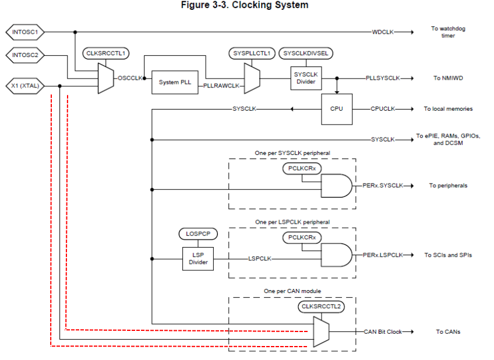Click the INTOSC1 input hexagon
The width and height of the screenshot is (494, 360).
[x=24, y=31]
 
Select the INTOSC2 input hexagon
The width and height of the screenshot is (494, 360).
[x=24, y=56]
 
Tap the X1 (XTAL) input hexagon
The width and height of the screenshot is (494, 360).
[x=24, y=86]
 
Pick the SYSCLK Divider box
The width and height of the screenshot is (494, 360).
[x=306, y=78]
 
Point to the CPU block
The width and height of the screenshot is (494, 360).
[x=337, y=109]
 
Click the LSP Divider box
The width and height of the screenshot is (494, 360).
[x=198, y=258]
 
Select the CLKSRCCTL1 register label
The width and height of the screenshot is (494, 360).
[x=105, y=54]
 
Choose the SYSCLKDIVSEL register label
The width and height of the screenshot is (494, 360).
[x=306, y=54]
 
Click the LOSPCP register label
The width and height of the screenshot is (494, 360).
[x=198, y=234]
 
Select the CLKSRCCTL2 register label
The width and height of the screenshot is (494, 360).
[x=321, y=306]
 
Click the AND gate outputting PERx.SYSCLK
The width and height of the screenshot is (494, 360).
[x=336, y=186]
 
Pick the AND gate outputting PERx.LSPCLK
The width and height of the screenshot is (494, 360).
[x=336, y=255]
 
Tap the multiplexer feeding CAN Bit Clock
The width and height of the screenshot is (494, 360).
[x=320, y=331]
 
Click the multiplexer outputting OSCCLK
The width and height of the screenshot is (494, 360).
[x=105, y=78]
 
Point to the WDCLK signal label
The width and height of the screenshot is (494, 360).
[x=383, y=31]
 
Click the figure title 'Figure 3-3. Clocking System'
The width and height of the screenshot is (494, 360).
[x=247, y=5]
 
